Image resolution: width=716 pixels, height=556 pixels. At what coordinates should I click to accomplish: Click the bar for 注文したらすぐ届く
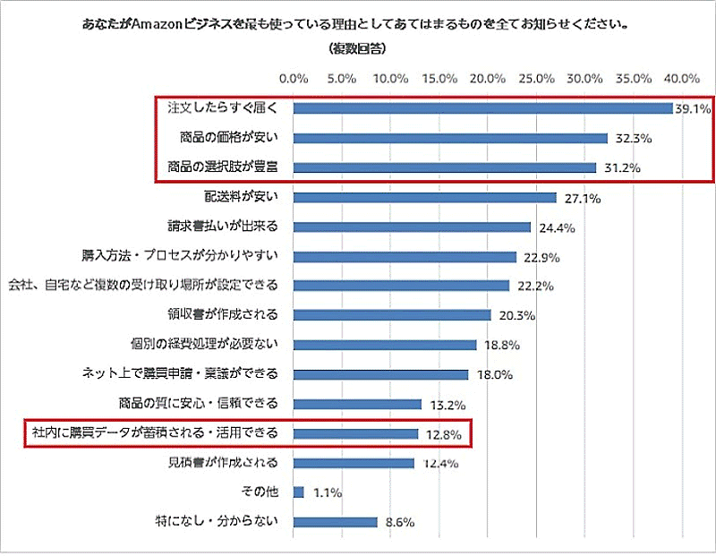[x=483, y=108]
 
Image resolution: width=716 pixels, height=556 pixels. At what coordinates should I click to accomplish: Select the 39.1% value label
[x=693, y=109]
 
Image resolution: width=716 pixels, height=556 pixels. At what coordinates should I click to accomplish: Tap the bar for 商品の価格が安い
[x=451, y=138]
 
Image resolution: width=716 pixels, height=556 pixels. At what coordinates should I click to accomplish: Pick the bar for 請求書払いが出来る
[x=413, y=227]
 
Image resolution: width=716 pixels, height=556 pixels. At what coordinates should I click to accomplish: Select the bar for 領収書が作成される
[x=392, y=314]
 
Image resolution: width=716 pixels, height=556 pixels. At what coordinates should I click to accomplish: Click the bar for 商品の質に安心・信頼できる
[x=358, y=404]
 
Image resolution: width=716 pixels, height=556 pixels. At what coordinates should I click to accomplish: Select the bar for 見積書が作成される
[x=354, y=463]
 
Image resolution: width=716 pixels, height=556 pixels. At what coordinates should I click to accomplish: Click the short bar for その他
[x=299, y=492]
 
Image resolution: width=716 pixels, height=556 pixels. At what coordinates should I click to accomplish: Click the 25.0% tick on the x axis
[x=536, y=79]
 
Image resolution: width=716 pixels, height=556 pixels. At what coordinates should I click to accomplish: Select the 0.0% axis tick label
[x=294, y=79]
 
